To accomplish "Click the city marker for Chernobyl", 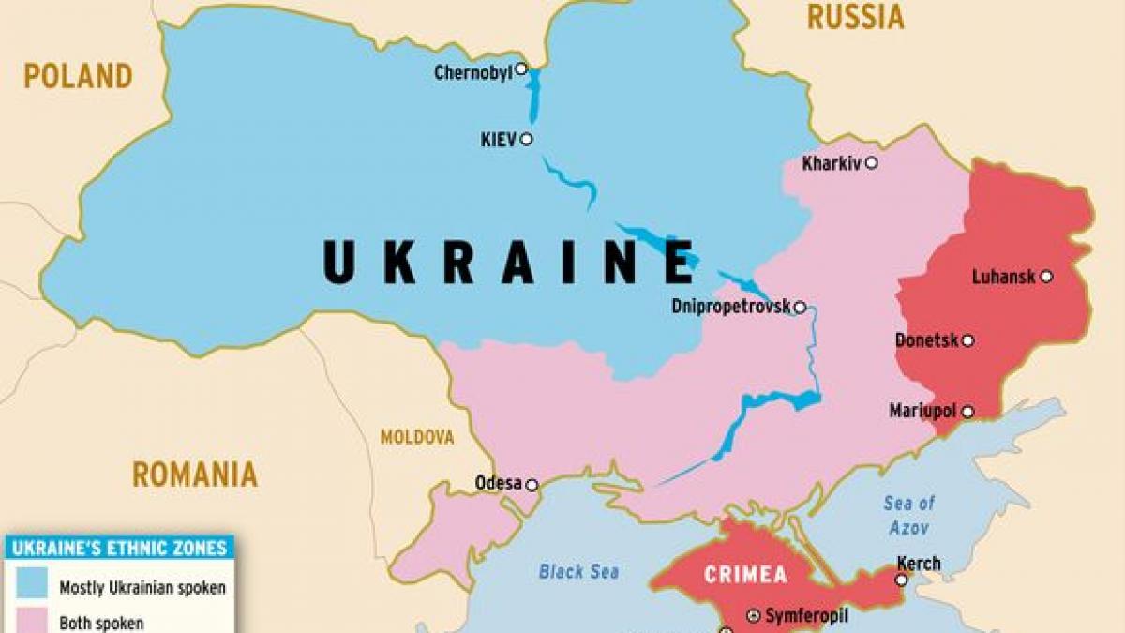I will [521, 68].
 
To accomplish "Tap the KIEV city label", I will [498, 140].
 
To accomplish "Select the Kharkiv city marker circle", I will [871, 163].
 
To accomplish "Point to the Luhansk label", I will [1003, 277].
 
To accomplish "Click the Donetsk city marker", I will [967, 340].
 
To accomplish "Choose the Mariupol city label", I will [922, 412].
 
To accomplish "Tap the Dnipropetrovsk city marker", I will [800, 307].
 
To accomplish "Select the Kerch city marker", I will [901, 580].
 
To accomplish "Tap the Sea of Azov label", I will [908, 516].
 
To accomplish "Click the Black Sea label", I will [578, 571].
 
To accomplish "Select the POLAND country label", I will [78, 76].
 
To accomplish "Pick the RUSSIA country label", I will [855, 16].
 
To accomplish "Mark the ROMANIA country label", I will [194, 474].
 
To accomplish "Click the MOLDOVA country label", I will [416, 437].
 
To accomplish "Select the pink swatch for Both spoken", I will [30, 620].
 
